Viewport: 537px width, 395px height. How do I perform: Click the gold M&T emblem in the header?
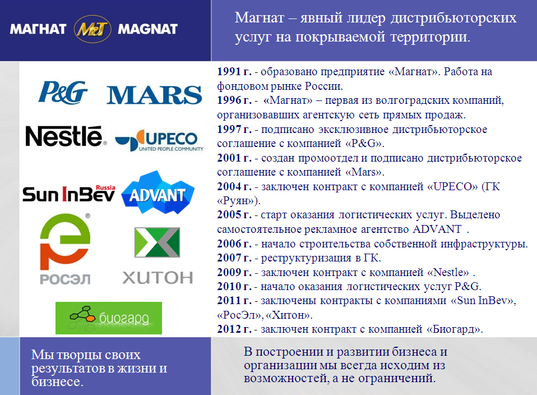point(92,29)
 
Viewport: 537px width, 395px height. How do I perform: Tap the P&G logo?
point(63,92)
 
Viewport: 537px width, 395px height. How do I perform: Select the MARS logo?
point(154,95)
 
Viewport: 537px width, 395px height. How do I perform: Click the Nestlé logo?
point(66,136)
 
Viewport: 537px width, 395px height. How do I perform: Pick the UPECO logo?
point(159,140)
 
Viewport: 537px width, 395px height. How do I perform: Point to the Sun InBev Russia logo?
point(69,194)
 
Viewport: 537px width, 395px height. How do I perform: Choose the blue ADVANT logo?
point(158,192)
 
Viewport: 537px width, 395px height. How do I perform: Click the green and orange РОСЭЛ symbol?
point(65,241)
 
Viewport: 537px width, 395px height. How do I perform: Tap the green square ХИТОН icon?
point(157,242)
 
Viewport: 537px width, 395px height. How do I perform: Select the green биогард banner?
point(109,318)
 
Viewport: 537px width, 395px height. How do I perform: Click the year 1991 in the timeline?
point(229,71)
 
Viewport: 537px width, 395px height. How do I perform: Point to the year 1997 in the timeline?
point(229,129)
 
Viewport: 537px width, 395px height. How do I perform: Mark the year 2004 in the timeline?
point(229,186)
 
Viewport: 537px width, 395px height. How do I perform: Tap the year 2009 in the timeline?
point(229,272)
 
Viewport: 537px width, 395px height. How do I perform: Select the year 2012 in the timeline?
point(229,329)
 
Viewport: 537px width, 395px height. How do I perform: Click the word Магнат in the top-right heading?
point(260,17)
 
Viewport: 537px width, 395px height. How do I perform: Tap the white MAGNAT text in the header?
point(147,29)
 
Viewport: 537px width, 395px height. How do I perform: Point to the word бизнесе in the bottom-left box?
point(57,382)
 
